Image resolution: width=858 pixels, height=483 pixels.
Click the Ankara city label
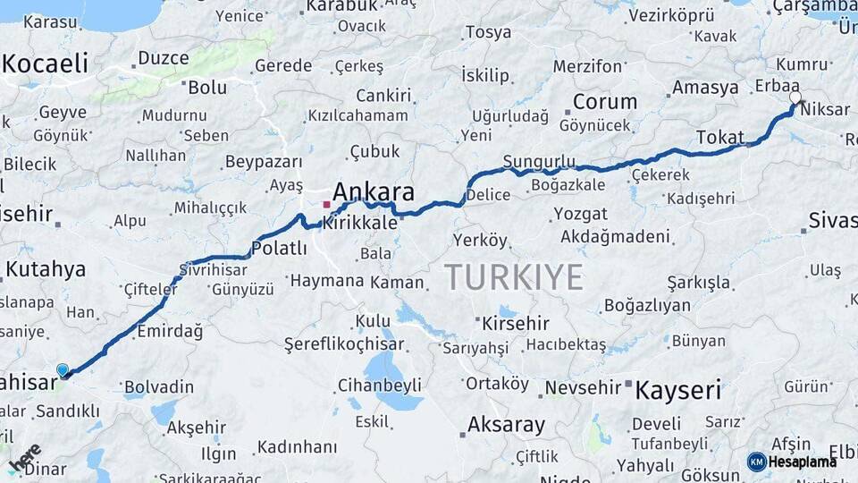pos(374,192)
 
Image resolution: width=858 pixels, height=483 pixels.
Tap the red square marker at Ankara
pos(326,205)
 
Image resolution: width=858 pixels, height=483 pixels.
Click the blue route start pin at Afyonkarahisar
pos(63,369)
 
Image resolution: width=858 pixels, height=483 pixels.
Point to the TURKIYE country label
pos(514,277)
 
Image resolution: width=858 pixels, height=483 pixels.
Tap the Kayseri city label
pos(678,390)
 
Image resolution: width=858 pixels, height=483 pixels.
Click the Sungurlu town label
pos(539,161)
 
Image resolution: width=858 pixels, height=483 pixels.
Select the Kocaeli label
pos(46,64)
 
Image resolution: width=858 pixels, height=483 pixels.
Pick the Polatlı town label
pos(279,248)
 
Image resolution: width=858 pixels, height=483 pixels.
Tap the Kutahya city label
pos(46,269)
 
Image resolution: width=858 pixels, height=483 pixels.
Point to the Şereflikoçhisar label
pos(339,343)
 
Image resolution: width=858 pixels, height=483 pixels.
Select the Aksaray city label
pos(506,424)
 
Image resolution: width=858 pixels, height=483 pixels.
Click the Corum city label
pos(605,101)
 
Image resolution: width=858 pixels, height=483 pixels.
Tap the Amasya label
pos(705,88)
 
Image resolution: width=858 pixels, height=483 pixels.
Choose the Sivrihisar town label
pos(212,268)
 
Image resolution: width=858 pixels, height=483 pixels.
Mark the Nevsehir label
pos(582,387)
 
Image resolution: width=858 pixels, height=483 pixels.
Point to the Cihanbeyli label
pos(379,386)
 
